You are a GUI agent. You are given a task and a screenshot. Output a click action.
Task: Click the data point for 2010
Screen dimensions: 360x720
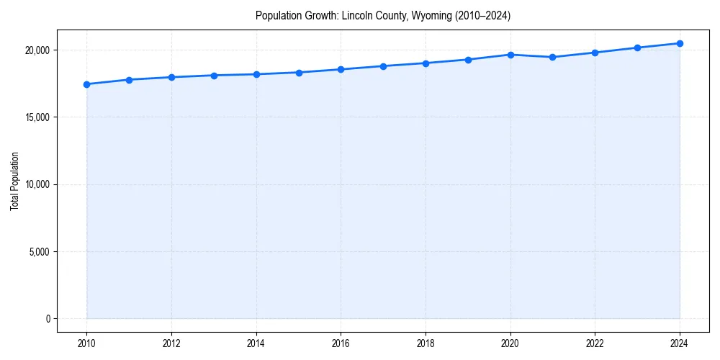coord(86,84)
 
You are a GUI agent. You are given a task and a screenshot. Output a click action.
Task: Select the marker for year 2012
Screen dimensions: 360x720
coord(171,77)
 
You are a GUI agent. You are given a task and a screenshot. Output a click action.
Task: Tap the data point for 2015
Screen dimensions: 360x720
coord(299,72)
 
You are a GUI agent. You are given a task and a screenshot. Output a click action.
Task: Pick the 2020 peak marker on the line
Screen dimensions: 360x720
coord(510,55)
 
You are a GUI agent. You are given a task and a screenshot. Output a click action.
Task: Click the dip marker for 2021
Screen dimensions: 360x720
coord(553,57)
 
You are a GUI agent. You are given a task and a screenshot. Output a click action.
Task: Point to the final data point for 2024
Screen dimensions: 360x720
coord(680,43)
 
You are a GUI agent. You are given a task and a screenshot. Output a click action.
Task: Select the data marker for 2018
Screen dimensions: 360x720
coord(426,63)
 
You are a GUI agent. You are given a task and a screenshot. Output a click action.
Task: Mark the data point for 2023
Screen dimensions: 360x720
coord(637,48)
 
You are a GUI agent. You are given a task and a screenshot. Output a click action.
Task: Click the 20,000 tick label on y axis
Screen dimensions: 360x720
coord(35,50)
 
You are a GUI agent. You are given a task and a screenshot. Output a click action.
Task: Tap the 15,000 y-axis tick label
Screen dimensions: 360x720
coord(35,117)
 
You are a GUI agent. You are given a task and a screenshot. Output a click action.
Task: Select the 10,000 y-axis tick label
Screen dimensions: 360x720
coord(35,184)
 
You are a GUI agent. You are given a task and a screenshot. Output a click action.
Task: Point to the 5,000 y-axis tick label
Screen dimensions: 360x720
coord(37,251)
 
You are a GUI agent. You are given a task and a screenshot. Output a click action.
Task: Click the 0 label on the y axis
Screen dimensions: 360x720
coord(47,319)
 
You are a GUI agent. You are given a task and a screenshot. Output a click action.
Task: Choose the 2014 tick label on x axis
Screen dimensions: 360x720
coord(256,343)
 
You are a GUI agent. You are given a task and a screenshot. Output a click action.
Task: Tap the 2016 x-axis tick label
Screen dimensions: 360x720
coord(341,343)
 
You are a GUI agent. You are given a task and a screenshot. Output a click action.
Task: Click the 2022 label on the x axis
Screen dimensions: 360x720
coord(595,343)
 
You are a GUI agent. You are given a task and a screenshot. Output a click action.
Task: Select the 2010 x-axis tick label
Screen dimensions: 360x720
coord(86,343)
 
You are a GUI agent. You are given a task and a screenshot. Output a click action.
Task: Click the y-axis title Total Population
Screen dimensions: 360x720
coord(14,181)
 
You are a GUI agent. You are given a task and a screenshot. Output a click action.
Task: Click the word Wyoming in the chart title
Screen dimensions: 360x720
coord(430,16)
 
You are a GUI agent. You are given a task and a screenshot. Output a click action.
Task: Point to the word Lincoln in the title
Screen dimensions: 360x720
coord(357,16)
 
